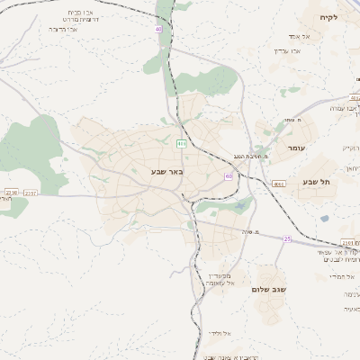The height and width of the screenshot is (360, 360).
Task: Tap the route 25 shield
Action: coord(287,238)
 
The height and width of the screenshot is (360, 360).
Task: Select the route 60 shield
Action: coord(228,176)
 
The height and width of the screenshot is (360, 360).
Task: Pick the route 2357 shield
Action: coord(31,192)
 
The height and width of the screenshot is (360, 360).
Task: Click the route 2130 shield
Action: coord(10,192)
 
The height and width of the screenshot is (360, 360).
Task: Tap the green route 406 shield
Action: coord(181,143)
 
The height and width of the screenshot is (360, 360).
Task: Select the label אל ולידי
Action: coord(220,334)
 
